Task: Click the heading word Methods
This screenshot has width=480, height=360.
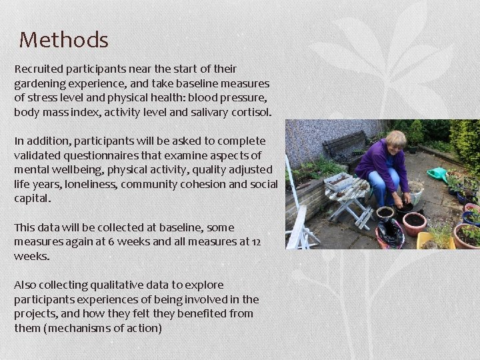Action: (x=63, y=40)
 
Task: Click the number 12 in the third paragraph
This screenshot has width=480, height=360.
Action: (x=257, y=242)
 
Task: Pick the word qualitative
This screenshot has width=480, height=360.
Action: (x=113, y=285)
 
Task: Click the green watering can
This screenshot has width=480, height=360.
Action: (x=437, y=174)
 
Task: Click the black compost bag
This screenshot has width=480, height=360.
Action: (x=390, y=233)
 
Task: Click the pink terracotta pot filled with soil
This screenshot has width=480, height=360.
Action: (x=415, y=223)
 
